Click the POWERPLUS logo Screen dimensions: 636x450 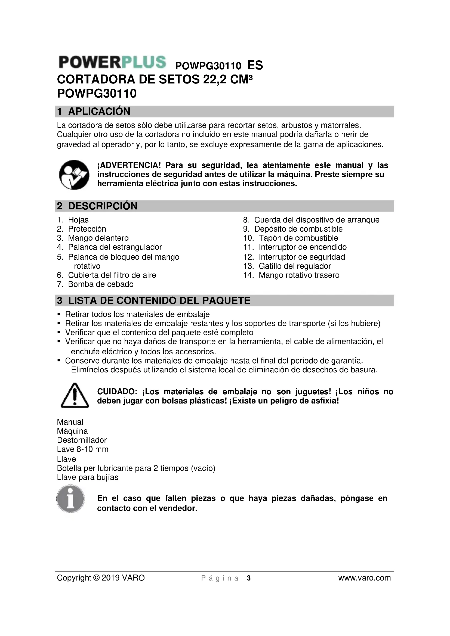pyautogui.click(x=112, y=62)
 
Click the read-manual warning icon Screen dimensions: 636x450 pyautogui.click(x=74, y=175)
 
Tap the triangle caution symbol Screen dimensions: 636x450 pyautogui.click(x=75, y=396)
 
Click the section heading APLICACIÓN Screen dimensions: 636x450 pyautogui.click(x=99, y=111)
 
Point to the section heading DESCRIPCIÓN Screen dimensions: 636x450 pyautogui.click(x=103, y=206)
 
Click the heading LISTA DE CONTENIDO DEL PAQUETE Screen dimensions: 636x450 pyautogui.click(x=159, y=300)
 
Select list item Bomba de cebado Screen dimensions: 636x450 pyautogui.click(x=101, y=284)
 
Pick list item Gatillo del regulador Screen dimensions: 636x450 pyautogui.click(x=295, y=266)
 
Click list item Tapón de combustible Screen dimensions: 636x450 pyautogui.click(x=298, y=238)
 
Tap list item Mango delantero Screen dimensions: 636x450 pyautogui.click(x=98, y=238)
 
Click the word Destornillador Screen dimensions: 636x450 pyautogui.click(x=82, y=440)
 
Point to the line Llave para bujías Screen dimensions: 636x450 pyautogui.click(x=88, y=477)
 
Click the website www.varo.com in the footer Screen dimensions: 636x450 pyautogui.click(x=364, y=578)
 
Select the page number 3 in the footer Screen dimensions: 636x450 pyautogui.click(x=249, y=578)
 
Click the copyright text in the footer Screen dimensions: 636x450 pyautogui.click(x=101, y=578)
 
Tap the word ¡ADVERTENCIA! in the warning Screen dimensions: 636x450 pyautogui.click(x=129, y=165)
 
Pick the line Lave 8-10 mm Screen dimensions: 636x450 pyautogui.click(x=83, y=449)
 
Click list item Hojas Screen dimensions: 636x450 pyautogui.click(x=78, y=220)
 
